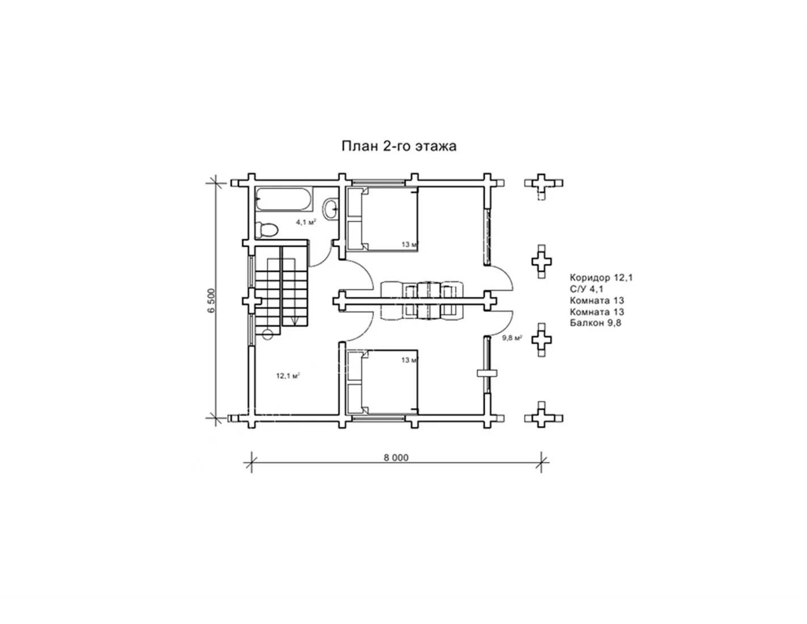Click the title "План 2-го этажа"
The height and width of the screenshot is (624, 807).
(x=399, y=146)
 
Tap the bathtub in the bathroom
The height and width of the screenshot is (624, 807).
(x=284, y=199)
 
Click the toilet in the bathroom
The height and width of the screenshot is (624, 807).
(x=267, y=230)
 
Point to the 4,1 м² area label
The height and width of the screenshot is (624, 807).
(x=306, y=222)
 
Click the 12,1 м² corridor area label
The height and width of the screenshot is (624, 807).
(x=288, y=376)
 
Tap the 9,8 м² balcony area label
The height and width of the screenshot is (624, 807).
(x=512, y=338)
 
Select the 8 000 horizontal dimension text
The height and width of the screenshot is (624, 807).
(x=396, y=458)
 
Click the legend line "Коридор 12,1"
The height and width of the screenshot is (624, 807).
(x=601, y=277)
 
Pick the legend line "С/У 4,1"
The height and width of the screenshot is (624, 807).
(x=587, y=289)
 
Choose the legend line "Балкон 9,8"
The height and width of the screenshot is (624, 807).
(x=595, y=323)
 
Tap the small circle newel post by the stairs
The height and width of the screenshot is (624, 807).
(x=267, y=335)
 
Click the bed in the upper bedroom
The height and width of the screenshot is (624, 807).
(x=383, y=220)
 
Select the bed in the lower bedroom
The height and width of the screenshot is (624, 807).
(x=383, y=382)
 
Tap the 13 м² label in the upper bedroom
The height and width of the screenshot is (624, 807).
(x=410, y=244)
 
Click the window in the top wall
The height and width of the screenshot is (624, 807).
(x=379, y=182)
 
